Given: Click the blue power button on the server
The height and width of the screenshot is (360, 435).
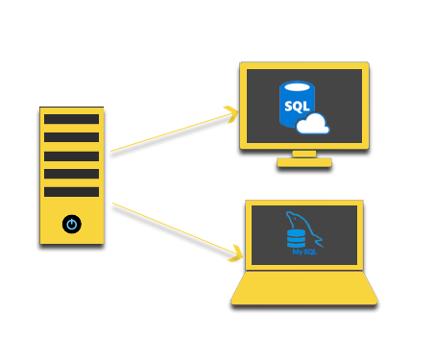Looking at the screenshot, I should pos(71,224).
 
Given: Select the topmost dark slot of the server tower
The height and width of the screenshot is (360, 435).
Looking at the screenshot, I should pos(71,119).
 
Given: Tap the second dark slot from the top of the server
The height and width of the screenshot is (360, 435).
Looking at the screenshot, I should pos(71,137).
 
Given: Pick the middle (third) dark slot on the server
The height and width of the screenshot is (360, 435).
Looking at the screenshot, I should pos(71,156).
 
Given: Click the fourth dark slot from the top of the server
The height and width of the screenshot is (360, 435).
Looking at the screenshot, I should pos(71,174).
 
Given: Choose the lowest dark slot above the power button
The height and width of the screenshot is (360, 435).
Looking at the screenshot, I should pos(71,192).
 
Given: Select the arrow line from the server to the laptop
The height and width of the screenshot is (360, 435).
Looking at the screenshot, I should pos(173,228).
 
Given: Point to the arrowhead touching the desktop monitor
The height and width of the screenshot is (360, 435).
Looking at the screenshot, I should pos(231,115).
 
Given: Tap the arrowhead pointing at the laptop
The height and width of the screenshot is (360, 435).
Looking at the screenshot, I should pos(236,254).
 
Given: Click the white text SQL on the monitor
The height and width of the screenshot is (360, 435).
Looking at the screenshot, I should pos(297,106).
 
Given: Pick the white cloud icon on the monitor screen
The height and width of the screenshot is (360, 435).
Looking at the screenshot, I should pos(313,124).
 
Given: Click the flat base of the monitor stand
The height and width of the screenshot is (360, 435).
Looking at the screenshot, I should pos(304,162).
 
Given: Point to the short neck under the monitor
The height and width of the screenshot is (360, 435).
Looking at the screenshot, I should pos(304,154).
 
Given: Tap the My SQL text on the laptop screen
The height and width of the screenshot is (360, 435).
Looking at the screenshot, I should pos(304,252).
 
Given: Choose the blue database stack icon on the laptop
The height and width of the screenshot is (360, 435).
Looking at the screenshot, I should pos(296,236).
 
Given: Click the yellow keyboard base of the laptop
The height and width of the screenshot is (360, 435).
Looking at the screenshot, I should pos(304,288).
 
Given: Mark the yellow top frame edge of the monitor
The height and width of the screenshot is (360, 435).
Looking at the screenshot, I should pos(304,65).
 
